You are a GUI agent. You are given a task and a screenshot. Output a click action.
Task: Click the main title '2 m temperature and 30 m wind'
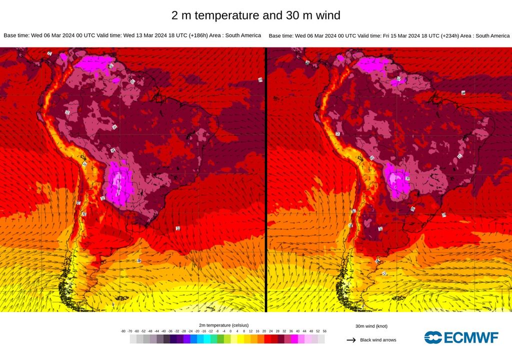[x=255, y=15]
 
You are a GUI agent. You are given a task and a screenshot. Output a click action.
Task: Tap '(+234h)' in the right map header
[x=444, y=36]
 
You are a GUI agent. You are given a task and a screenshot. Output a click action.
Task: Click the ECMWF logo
[x=461, y=337]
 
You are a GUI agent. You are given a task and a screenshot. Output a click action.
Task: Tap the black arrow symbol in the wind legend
[x=351, y=340]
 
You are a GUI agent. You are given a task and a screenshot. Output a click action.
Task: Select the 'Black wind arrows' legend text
[x=378, y=340]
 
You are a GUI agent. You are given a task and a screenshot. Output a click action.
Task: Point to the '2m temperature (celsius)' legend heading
[x=223, y=325]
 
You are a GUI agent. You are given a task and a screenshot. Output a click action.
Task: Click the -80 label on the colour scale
[x=123, y=331]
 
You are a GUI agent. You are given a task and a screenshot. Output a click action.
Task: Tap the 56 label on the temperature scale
[x=324, y=331]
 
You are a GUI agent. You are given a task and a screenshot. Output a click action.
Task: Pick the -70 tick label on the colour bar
[x=130, y=331]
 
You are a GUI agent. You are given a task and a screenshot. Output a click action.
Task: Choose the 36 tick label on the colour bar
[x=291, y=331]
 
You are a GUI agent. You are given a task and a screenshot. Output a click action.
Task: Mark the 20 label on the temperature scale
[x=264, y=331]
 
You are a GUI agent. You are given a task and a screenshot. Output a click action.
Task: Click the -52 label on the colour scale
[x=143, y=331]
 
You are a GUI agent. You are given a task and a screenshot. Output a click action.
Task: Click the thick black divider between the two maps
[x=265, y=180]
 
